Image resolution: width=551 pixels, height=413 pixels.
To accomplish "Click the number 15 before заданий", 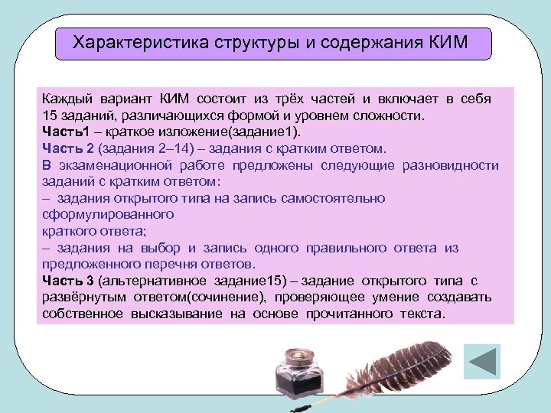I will tap(50, 115).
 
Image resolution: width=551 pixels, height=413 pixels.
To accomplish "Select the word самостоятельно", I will tap(337, 198).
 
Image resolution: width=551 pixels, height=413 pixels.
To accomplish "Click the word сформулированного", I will tap(108, 215).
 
